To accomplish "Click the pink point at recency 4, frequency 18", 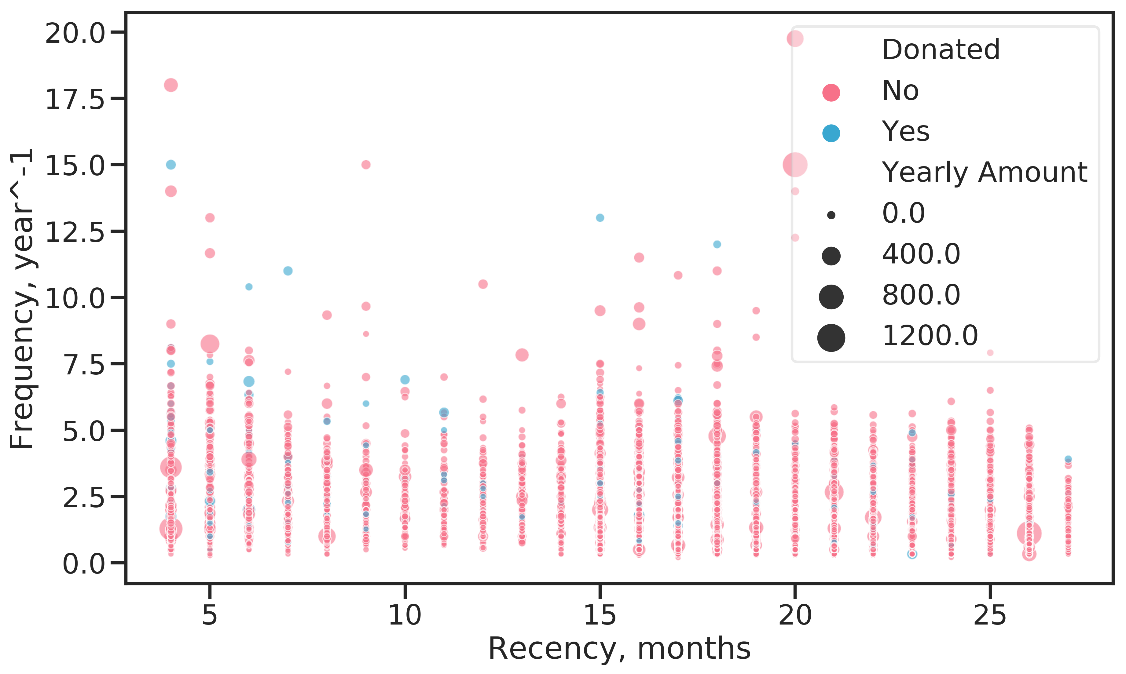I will [171, 85].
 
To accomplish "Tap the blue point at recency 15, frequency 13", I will [600, 217].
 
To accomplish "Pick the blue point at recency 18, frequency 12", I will [717, 244].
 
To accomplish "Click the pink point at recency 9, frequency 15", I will [366, 164].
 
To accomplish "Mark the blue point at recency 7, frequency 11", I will [288, 271].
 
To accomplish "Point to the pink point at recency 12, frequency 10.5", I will [483, 284].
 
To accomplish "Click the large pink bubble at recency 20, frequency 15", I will [795, 164].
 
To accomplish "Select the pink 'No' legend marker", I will [831, 92].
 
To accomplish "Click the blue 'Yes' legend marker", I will [831, 133].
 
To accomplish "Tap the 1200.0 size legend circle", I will [831, 338].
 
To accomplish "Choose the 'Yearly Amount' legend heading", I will [984, 173].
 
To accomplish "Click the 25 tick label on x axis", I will [990, 616].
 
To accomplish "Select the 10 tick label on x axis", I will [405, 616].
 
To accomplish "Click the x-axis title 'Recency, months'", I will [619, 649].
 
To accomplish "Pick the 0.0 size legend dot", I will [831, 215].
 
